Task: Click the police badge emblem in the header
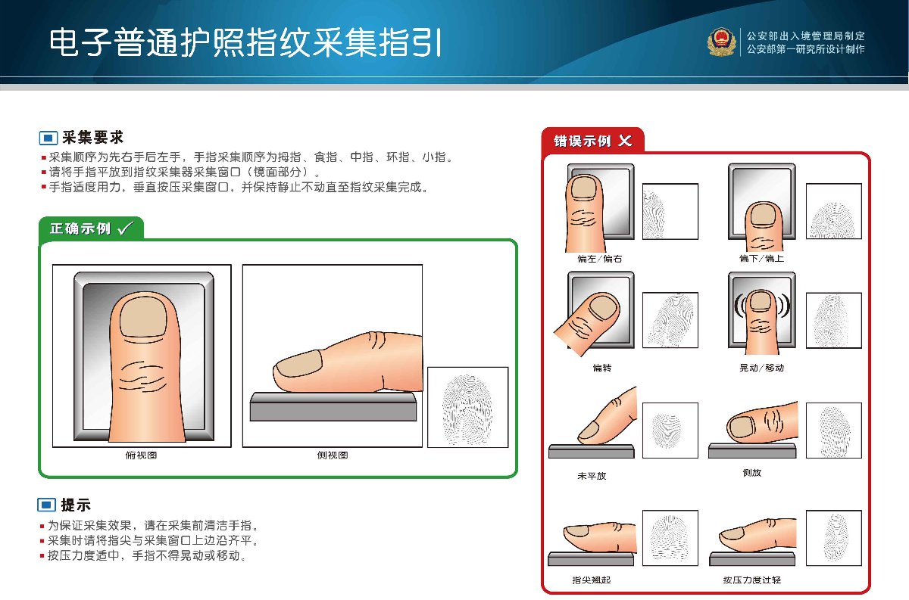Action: [721, 42]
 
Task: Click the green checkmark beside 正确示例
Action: [125, 228]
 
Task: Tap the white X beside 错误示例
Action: [625, 141]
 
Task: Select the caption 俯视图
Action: [141, 455]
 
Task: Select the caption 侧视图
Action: [333, 455]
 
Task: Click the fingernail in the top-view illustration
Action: [143, 316]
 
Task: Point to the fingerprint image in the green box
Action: [468, 407]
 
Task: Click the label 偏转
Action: [601, 368]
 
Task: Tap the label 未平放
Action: [592, 476]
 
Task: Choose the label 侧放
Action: [752, 472]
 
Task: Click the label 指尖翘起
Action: [592, 580]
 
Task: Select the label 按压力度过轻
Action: [752, 580]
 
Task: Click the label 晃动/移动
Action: [761, 368]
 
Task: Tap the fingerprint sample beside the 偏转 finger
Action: [670, 320]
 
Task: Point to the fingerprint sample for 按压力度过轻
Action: [834, 538]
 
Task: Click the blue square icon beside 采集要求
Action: [48, 138]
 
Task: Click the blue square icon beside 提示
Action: [47, 505]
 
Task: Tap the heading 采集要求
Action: [93, 138]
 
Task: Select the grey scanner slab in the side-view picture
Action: [333, 406]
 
